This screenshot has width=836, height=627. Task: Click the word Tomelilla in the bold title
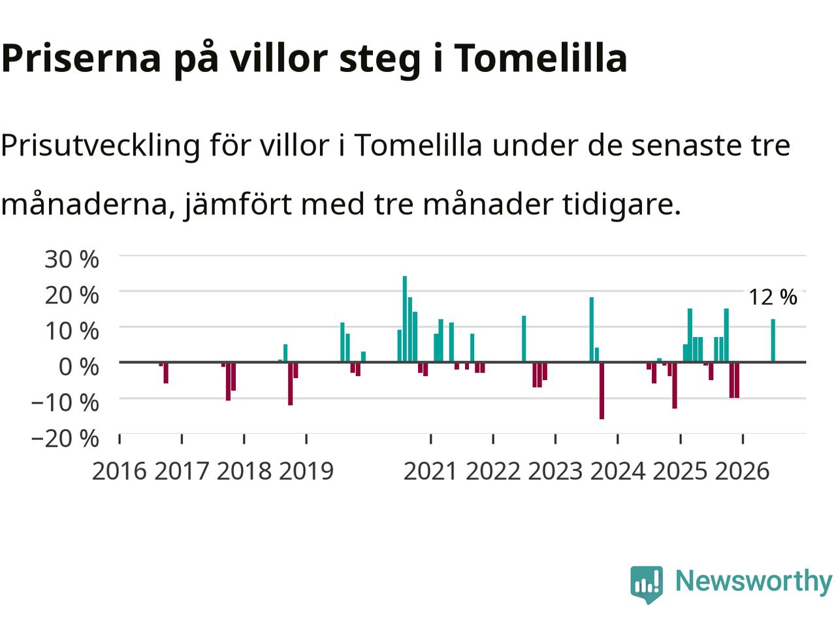(540, 58)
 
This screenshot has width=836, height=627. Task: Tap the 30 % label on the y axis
(72, 259)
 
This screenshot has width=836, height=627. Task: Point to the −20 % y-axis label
(65, 438)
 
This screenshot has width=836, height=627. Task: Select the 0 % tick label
(78, 366)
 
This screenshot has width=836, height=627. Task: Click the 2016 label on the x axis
(120, 472)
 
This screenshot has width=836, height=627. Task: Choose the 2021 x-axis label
(430, 472)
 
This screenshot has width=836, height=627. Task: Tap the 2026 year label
(743, 472)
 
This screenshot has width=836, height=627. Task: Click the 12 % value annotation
(773, 297)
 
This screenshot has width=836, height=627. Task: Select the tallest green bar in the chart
(405, 319)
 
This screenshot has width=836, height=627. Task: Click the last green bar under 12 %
(773, 340)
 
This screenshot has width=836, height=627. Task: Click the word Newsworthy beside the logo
(754, 581)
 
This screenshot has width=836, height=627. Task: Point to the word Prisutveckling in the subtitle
(101, 146)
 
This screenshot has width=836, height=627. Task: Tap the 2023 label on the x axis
(555, 472)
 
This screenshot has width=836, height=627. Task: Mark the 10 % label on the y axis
(72, 331)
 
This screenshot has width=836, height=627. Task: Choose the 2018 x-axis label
(244, 472)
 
